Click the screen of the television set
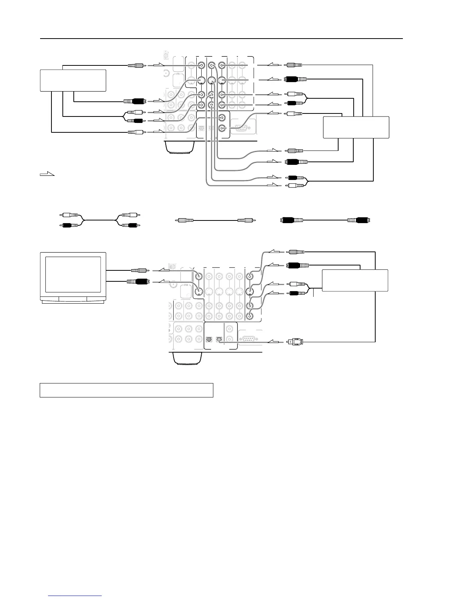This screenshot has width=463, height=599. (73, 275)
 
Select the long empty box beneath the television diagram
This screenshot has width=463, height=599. (126, 390)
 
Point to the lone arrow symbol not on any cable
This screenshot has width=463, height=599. (47, 174)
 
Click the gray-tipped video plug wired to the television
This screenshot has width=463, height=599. (138, 270)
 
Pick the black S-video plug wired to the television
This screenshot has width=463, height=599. (138, 281)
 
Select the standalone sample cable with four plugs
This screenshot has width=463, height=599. (100, 220)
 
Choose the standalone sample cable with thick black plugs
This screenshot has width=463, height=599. (325, 220)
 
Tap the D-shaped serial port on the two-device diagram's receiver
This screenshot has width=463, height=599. (244, 127)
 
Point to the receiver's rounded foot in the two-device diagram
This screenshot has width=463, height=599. (180, 147)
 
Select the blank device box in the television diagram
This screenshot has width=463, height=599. (355, 280)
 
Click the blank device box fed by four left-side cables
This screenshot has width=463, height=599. (73, 80)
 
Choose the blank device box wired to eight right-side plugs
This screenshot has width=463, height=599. (356, 127)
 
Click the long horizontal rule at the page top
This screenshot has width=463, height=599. (221, 38)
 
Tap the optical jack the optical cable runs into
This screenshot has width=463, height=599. (218, 339)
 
